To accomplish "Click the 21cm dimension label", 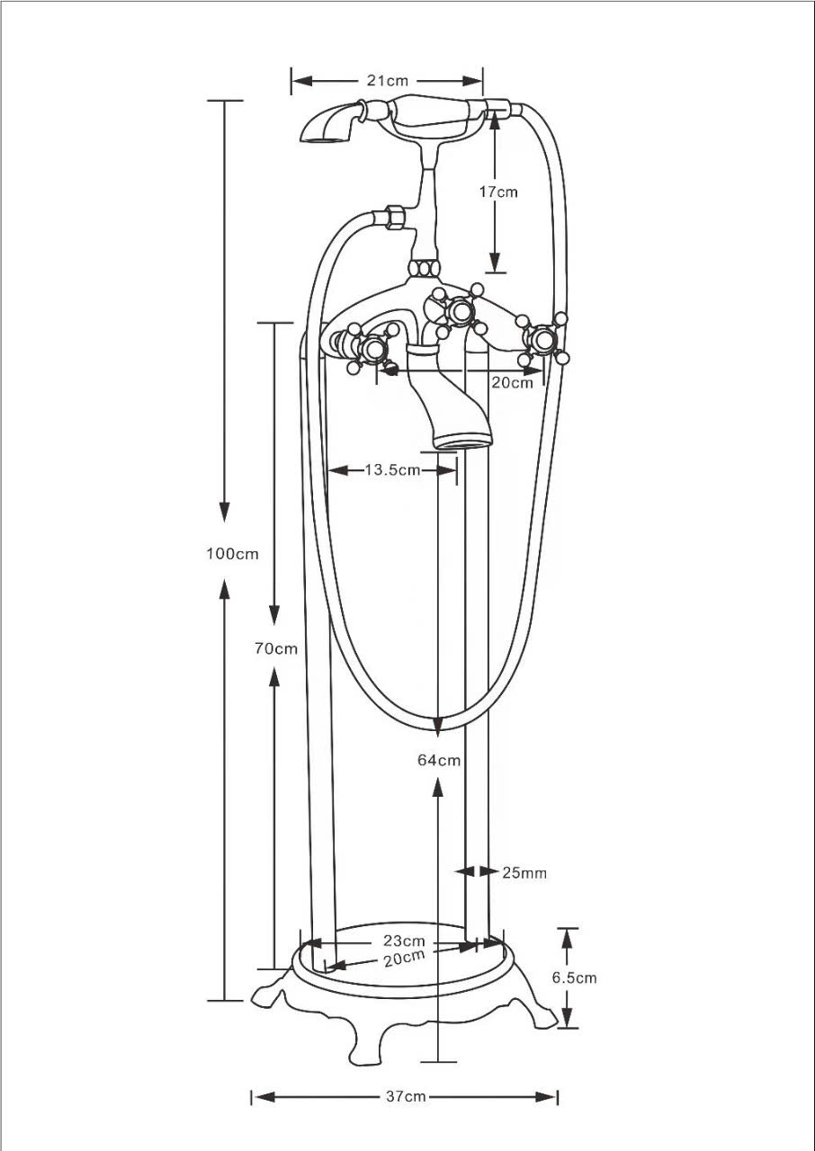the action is click(x=387, y=81).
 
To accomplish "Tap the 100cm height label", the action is click(x=232, y=554).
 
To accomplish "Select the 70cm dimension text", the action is click(x=276, y=648).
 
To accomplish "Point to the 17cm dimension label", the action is click(x=498, y=192).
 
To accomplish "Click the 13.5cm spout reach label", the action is click(x=392, y=469).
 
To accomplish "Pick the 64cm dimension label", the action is click(x=439, y=760).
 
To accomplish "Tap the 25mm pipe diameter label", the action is click(x=524, y=873).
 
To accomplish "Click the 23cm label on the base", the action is click(x=405, y=941).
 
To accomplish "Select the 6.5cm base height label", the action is click(x=575, y=977).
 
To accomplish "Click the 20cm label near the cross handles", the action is click(x=512, y=383).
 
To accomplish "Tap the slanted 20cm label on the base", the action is click(x=405, y=958).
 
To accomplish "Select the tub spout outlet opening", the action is click(x=463, y=442).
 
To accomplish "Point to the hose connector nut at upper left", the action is click(x=394, y=217).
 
